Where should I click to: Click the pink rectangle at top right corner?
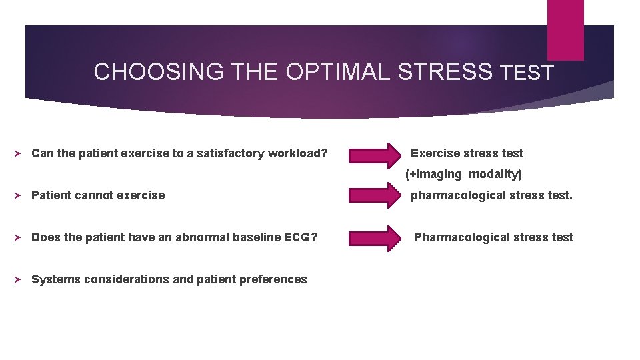(565, 29)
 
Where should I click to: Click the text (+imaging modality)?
(464, 174)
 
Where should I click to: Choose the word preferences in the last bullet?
(273, 279)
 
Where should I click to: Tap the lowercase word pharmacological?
(453, 195)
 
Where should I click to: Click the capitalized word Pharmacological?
(457, 237)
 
